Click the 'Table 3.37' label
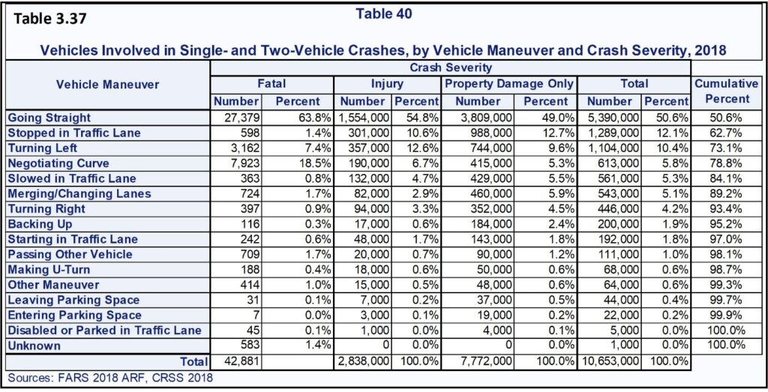(50, 19)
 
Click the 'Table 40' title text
(383, 13)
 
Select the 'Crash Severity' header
(450, 67)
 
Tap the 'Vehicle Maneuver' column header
(108, 84)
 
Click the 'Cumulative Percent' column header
(727, 91)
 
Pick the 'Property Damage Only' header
(509, 84)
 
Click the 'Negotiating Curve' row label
(58, 163)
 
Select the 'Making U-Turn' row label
(49, 269)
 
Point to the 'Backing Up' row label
(40, 223)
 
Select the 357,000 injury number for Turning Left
(367, 148)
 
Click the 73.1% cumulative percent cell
(727, 148)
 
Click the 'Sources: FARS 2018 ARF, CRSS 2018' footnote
(111, 378)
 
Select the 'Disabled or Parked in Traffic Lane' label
(105, 330)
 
